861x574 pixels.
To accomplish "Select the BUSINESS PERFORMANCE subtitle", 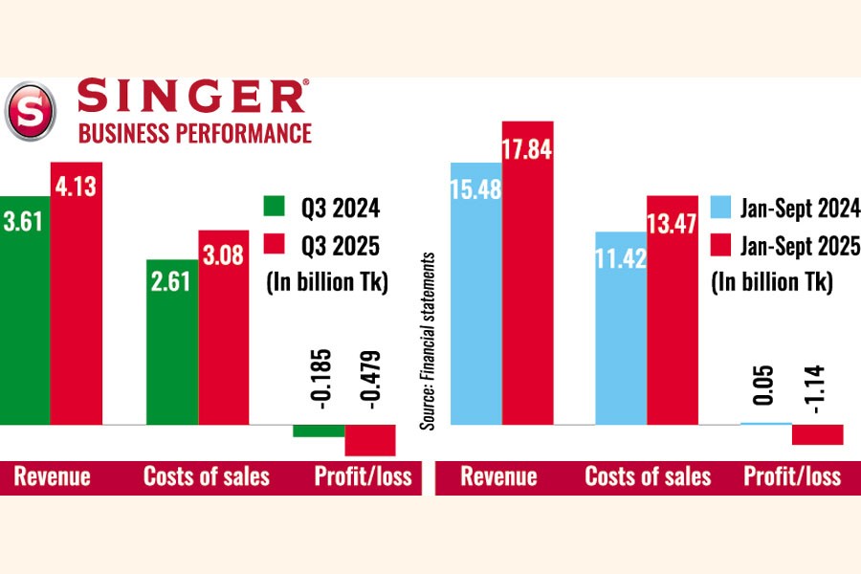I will click(x=195, y=133).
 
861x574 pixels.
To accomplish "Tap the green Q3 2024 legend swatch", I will click(x=276, y=209).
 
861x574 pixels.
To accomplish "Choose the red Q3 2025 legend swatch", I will click(x=276, y=247).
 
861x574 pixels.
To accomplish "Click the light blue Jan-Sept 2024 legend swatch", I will click(x=721, y=208).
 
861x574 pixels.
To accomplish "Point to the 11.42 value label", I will click(x=620, y=258).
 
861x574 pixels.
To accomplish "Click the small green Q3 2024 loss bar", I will click(x=319, y=430).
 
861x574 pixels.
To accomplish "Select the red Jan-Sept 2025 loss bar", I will click(x=817, y=434).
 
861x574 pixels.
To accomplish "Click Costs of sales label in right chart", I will click(x=648, y=476).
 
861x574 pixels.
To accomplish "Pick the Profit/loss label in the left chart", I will click(x=363, y=476).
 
